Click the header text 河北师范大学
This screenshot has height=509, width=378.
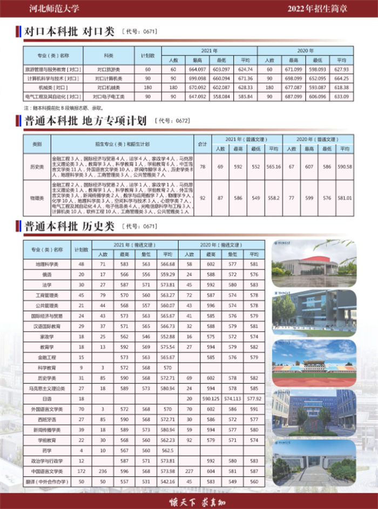pos(53,8)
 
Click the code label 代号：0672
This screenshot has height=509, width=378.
pos(172,122)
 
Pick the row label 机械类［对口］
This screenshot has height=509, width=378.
pos(53,87)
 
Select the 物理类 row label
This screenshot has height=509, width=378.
pos(37,198)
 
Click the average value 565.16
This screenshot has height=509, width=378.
pos(274,167)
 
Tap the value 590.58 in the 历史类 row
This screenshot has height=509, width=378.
pos(345,167)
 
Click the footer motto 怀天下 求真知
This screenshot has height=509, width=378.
pos(189,501)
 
